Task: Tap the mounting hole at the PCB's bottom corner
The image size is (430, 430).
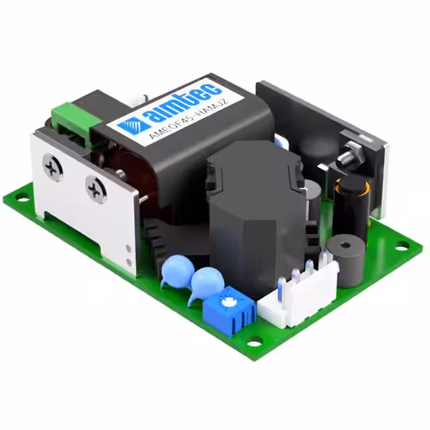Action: pos(253,344)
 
